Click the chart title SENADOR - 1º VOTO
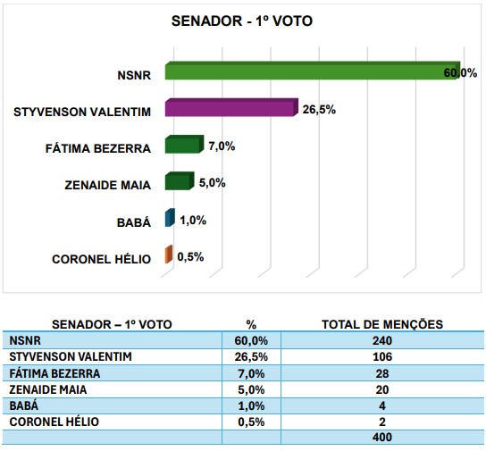point(242,21)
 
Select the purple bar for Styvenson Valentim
point(231,107)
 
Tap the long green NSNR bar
point(313,71)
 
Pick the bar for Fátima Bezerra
point(184,145)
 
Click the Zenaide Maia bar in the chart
point(180,181)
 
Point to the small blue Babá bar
point(170,217)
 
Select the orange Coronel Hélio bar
point(169,255)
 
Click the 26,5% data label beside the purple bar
point(319,110)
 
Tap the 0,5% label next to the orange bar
point(190,257)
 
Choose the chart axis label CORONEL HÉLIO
point(101,259)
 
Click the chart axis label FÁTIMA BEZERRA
point(98,148)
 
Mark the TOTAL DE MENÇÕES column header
point(382,324)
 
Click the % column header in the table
point(251,324)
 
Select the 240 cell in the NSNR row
point(382,340)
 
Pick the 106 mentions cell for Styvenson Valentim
point(382,357)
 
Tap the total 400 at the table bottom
point(382,437)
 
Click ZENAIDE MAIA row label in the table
point(48,389)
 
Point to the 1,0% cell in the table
point(251,405)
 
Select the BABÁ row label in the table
point(24,405)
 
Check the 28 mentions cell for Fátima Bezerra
point(382,373)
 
